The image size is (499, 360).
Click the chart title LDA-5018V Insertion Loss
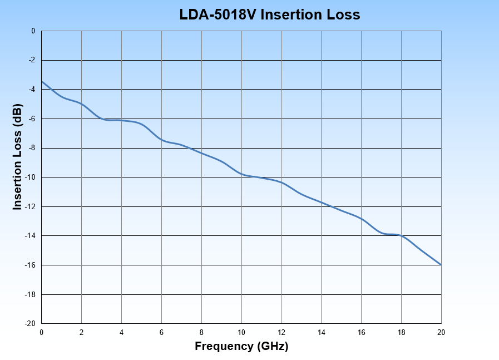click(270, 15)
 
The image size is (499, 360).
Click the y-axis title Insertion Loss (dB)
click(17, 157)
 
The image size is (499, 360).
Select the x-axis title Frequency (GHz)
click(241, 346)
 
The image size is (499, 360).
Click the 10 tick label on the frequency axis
click(241, 332)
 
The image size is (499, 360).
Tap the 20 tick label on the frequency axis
click(441, 332)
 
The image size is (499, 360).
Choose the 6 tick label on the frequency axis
click(161, 332)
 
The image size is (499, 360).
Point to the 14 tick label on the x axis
click(322, 332)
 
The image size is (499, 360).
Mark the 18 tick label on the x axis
click(401, 332)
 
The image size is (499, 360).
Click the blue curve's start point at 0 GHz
click(42, 82)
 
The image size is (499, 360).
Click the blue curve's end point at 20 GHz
click(441, 265)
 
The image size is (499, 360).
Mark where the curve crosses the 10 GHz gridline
click(241, 174)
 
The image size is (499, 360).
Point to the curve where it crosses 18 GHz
click(401, 236)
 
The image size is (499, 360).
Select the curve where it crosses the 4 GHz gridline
click(121, 120)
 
